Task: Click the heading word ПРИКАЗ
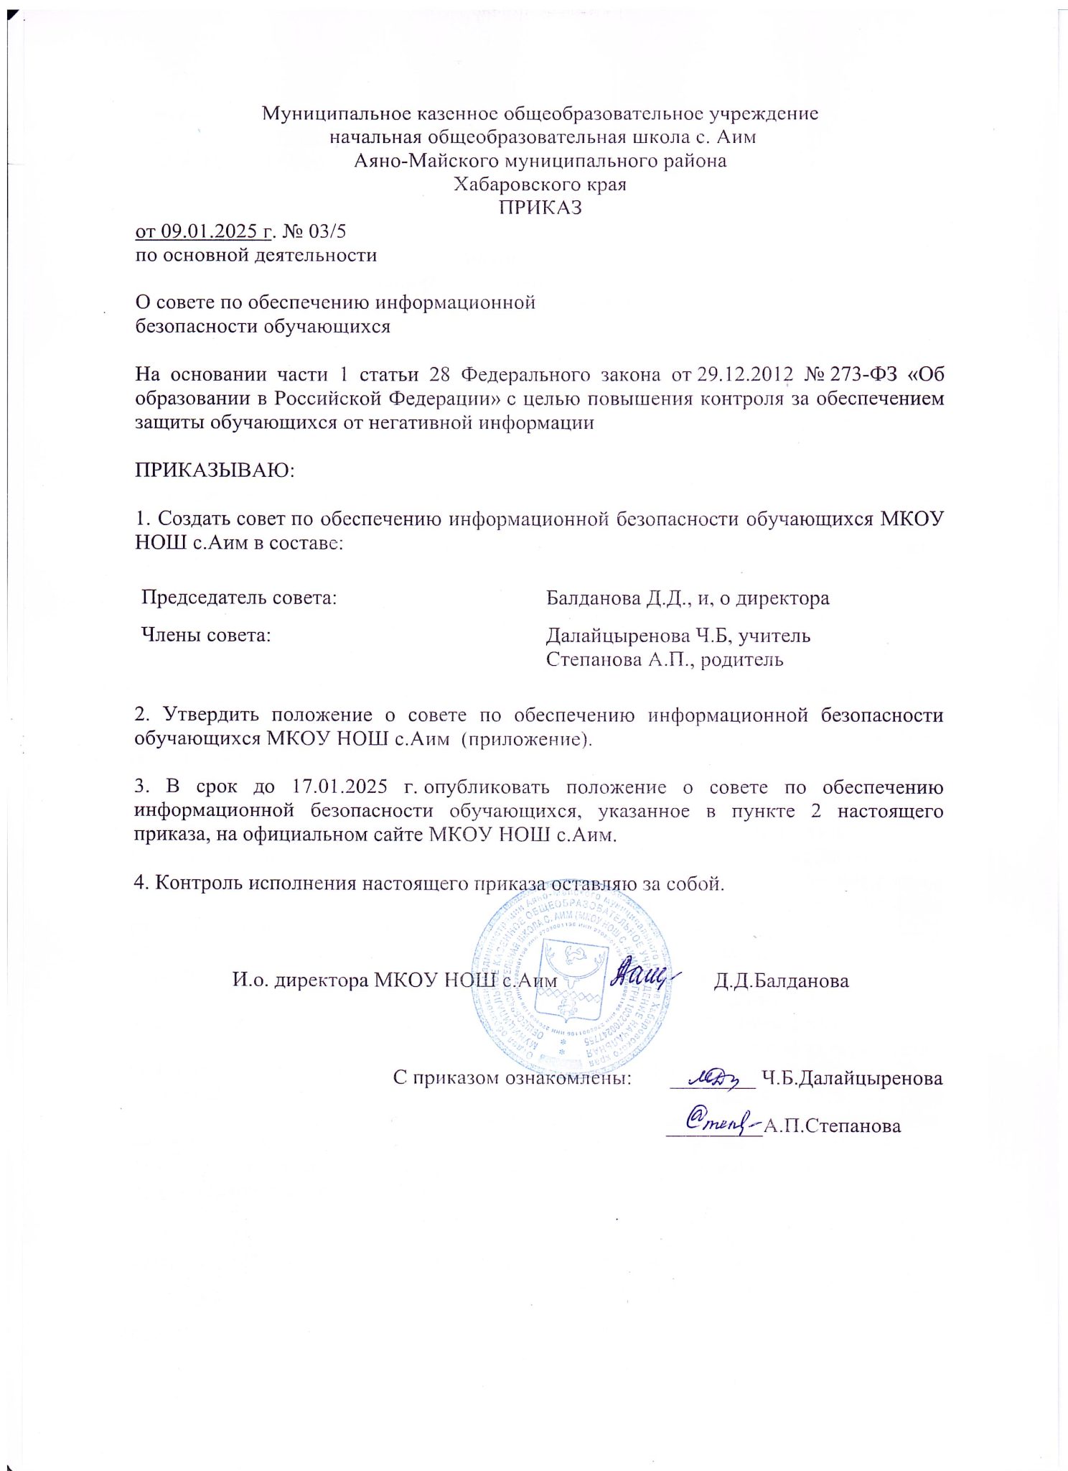tap(540, 208)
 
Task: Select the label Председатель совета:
tap(239, 598)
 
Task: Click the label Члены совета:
tap(206, 636)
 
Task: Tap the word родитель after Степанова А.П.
tap(742, 659)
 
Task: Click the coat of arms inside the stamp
tap(572, 980)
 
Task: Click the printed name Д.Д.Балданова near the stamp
tap(781, 981)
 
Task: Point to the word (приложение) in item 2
tap(525, 739)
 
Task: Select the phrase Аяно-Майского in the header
tap(426, 161)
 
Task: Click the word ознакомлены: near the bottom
tap(568, 1078)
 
